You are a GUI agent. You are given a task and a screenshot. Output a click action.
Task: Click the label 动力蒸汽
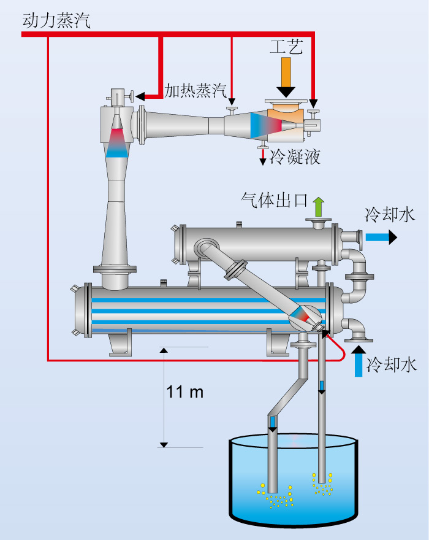(56, 20)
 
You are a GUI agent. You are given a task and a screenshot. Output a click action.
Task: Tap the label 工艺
(286, 47)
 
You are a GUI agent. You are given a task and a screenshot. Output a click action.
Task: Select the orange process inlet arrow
(286, 77)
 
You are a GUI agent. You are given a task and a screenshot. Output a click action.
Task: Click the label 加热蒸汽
(195, 91)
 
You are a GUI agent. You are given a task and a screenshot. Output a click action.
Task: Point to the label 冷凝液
(295, 156)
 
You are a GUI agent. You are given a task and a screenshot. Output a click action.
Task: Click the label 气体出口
(274, 200)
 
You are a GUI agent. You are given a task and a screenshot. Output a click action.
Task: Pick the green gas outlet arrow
(319, 207)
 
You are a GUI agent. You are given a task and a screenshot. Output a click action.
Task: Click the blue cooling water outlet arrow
(381, 237)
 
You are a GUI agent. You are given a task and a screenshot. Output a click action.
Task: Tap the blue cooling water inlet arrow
(359, 361)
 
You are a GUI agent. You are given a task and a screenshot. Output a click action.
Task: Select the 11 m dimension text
(184, 392)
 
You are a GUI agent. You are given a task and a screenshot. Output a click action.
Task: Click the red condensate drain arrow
(263, 156)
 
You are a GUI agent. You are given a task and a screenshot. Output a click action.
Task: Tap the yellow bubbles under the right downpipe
(322, 484)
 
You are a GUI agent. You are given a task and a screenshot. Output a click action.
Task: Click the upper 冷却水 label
(390, 215)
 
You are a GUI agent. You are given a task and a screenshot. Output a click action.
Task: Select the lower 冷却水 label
(392, 364)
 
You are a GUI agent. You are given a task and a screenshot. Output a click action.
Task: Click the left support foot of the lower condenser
(120, 342)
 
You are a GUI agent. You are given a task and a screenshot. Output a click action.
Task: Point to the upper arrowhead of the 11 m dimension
(164, 350)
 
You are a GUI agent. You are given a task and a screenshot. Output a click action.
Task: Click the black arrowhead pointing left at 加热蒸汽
(140, 96)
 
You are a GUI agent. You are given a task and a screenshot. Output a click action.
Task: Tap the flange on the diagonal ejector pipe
(236, 269)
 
